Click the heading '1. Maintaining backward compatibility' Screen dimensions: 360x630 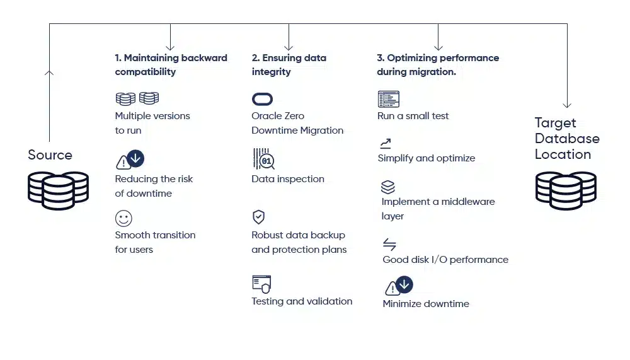(171, 65)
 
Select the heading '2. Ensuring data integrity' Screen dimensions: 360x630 (289, 65)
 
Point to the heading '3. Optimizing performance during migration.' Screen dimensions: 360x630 (438, 65)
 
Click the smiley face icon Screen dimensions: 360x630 (123, 219)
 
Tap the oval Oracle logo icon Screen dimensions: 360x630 (262, 99)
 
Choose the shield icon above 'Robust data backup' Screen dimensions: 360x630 (258, 218)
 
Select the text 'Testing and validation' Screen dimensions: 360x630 (302, 301)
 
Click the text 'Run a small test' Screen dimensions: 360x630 (413, 116)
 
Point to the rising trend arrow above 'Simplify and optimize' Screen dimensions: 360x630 (386, 144)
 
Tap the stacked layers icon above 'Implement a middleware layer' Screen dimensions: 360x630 (388, 187)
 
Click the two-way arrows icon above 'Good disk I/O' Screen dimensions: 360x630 (389, 245)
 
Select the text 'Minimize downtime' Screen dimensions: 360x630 (426, 304)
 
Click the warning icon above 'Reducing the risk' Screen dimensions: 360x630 (123, 163)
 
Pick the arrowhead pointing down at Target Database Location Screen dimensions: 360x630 (567, 104)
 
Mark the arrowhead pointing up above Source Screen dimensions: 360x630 (50, 73)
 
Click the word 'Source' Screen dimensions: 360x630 (50, 155)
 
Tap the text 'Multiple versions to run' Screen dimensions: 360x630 (152, 123)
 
